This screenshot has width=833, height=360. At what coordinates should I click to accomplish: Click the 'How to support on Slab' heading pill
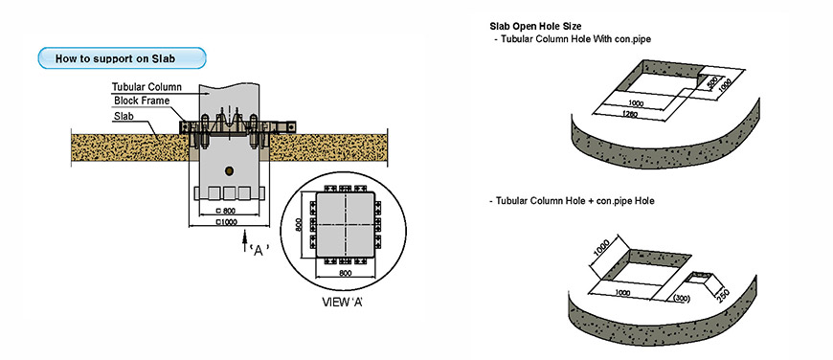tap(122, 57)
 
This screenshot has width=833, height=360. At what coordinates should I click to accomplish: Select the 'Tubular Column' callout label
tap(147, 87)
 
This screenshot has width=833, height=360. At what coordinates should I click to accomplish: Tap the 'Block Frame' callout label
tap(142, 101)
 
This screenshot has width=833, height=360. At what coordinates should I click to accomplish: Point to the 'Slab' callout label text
tap(124, 116)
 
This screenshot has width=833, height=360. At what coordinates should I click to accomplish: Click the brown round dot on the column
tap(230, 170)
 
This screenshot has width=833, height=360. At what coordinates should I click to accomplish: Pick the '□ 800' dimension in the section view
tap(226, 211)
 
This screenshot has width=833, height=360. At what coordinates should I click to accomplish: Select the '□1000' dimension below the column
tap(227, 222)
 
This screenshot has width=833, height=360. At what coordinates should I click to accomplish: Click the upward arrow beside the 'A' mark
tap(244, 240)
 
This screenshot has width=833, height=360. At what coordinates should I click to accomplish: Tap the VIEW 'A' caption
tap(343, 303)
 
